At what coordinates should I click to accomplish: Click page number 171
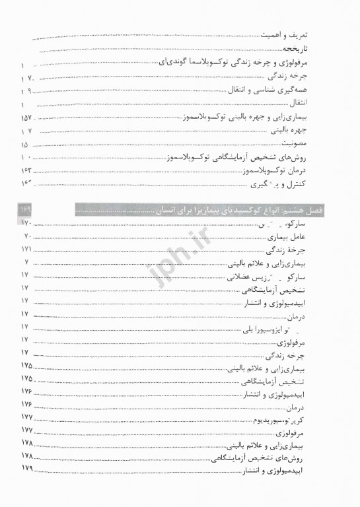tap(26, 250)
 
